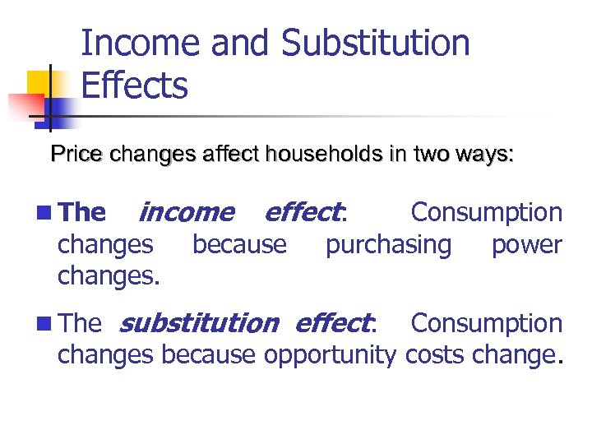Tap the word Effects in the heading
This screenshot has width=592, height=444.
(135, 86)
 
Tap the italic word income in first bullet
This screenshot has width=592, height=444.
(187, 213)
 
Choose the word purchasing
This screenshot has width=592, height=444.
(388, 244)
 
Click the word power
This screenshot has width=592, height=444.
(526, 244)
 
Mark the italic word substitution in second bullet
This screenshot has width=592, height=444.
(199, 324)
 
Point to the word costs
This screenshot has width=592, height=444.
(440, 355)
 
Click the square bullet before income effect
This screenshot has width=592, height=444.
(43, 214)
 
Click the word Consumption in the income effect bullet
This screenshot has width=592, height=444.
(486, 213)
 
